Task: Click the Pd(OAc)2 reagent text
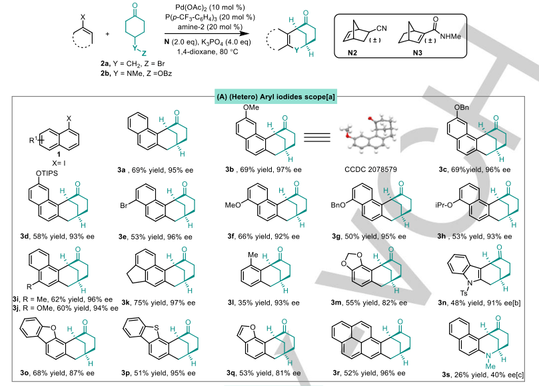(x=200, y=7)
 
